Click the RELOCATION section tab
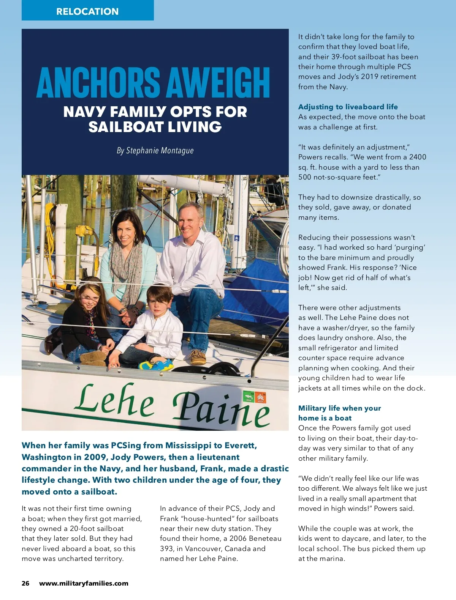click(x=87, y=11)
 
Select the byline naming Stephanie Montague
click(x=155, y=151)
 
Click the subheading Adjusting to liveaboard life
click(x=348, y=107)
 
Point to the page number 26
click(x=25, y=583)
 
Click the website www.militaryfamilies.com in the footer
click(x=84, y=583)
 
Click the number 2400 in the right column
click(x=418, y=157)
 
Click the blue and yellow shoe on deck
click(x=156, y=365)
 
